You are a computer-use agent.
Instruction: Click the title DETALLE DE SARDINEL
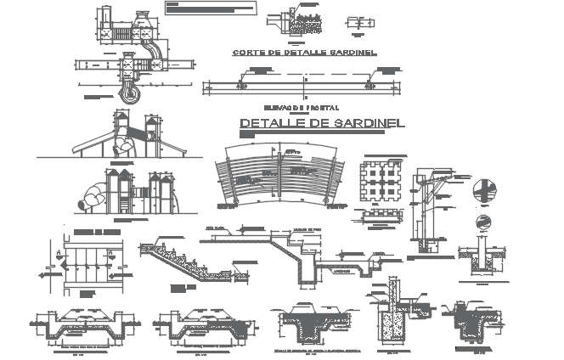(322, 123)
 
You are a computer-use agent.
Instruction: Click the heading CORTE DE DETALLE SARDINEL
(305, 53)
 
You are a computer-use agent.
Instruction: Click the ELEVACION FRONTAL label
(301, 108)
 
